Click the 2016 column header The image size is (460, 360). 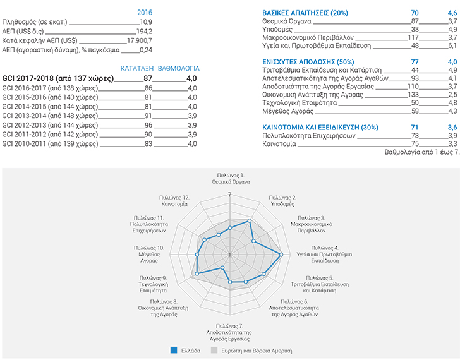pos(144,12)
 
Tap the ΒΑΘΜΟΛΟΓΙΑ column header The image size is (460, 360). pos(178,67)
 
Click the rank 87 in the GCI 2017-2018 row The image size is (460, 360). pos(148,78)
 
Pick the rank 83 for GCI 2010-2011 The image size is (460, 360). pos(148,145)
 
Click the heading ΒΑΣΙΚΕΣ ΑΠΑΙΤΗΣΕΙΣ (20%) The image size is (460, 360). pos(303,12)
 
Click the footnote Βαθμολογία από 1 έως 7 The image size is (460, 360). pos(421,152)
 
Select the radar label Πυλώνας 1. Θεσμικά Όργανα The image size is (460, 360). pos(230,177)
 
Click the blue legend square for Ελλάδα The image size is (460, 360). pos(172,350)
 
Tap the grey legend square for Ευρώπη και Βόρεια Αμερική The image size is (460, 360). pos(214,350)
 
